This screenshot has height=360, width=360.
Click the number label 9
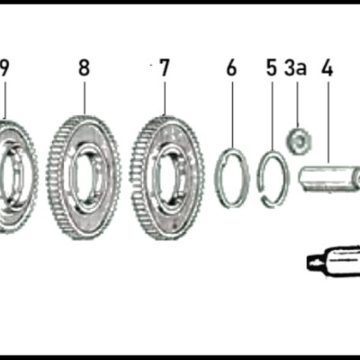[4, 67]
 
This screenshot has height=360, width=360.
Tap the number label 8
[84, 67]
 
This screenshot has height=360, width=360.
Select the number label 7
[163, 67]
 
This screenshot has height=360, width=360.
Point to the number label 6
[231, 67]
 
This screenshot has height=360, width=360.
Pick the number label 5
[271, 67]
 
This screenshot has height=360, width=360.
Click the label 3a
[295, 67]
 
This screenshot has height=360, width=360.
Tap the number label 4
[327, 67]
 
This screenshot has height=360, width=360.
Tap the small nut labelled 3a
[297, 139]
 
